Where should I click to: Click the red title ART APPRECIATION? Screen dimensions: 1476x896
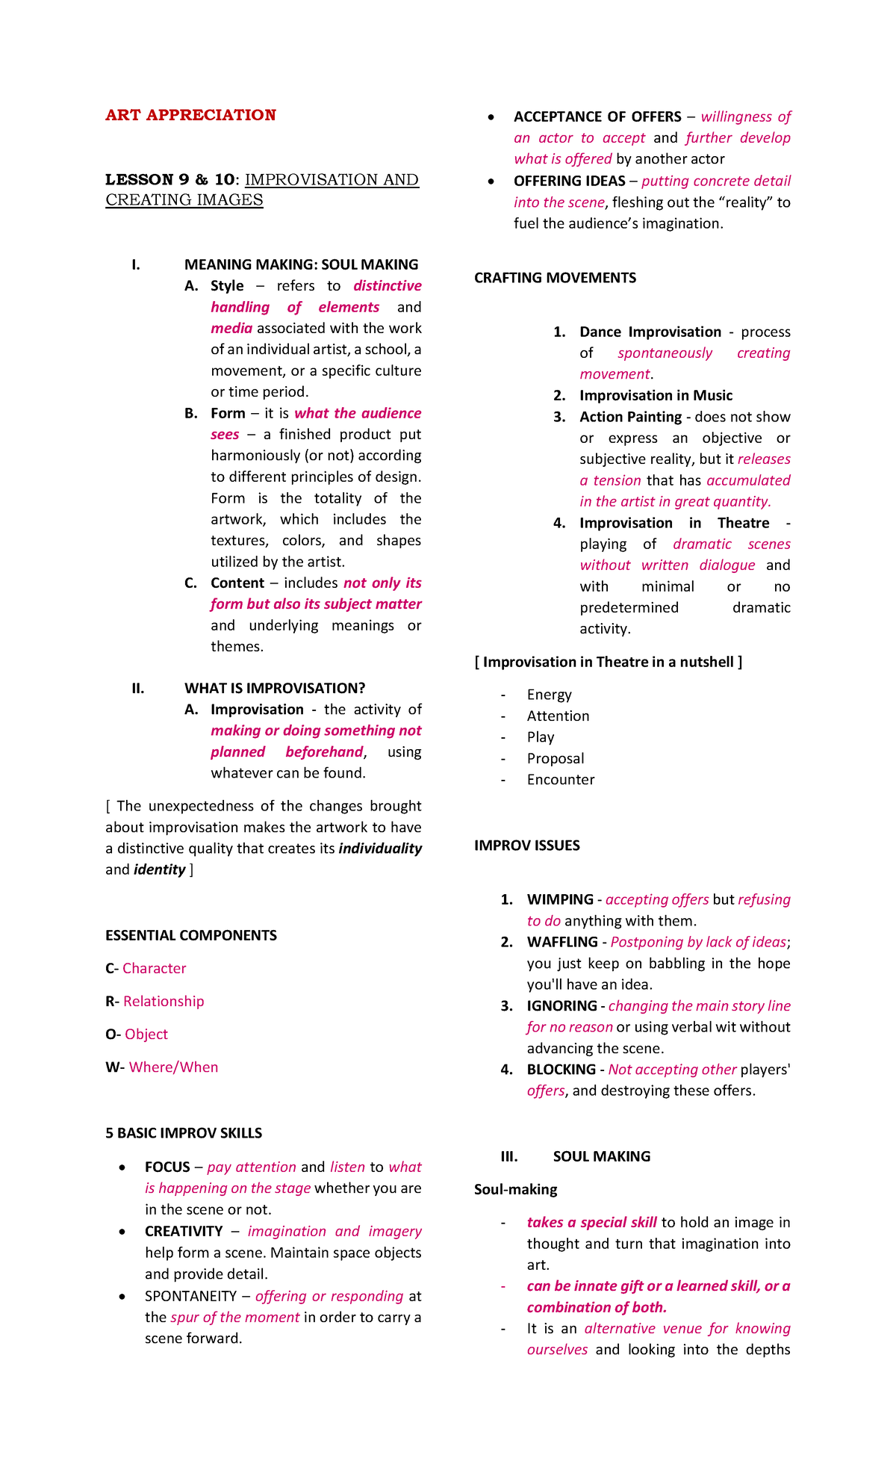[x=190, y=115]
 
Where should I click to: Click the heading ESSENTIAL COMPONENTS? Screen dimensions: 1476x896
[x=190, y=935]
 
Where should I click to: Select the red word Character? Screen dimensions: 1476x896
[x=154, y=968]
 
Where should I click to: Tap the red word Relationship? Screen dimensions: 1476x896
[x=164, y=1001]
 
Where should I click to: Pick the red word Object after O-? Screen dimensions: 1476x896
[x=146, y=1034]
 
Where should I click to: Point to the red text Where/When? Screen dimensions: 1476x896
[x=173, y=1067]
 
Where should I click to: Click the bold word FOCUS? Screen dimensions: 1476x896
[x=167, y=1167]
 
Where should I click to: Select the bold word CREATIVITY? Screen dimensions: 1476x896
[x=184, y=1231]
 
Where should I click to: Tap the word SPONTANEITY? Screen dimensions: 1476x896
[x=190, y=1296]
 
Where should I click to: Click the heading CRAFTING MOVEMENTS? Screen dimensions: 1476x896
[x=555, y=278]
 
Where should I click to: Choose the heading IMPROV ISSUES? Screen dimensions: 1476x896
[x=526, y=846]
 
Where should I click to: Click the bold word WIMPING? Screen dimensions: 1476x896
[x=560, y=899]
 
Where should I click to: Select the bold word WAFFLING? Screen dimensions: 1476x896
[x=562, y=942]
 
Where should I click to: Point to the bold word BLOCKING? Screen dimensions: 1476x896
[x=561, y=1070]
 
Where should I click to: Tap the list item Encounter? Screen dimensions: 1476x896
[x=561, y=780]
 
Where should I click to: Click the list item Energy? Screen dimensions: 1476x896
[x=549, y=695]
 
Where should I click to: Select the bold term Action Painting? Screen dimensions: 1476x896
[x=630, y=417]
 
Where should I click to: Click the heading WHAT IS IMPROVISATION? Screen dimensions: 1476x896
[x=275, y=688]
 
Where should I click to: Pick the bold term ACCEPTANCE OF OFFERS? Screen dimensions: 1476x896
[x=597, y=117]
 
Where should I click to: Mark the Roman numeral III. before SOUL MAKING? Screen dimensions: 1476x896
[x=509, y=1156]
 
